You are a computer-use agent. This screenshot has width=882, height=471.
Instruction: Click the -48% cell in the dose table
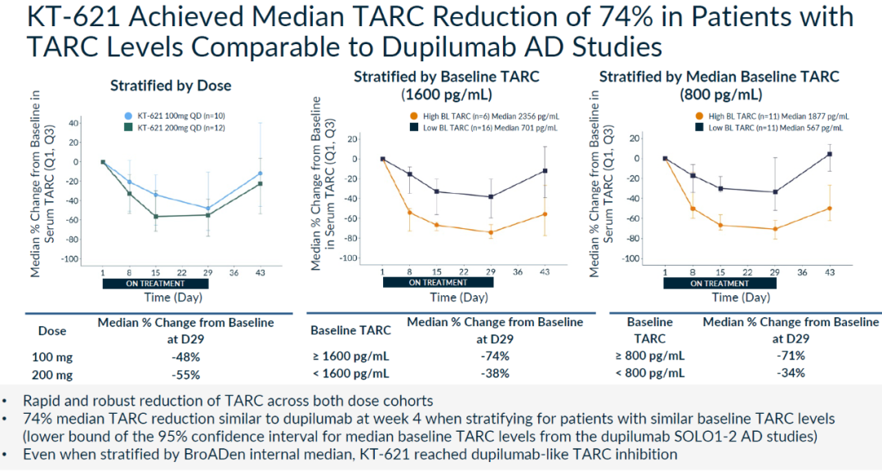click(x=185, y=356)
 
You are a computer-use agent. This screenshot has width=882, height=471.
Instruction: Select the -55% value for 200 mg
click(x=185, y=375)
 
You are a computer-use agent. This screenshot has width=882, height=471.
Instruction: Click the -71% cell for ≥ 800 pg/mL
click(x=790, y=355)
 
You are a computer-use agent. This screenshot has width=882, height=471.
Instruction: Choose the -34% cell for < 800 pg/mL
click(x=790, y=373)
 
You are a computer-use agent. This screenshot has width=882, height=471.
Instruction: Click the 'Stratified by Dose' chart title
click(x=171, y=85)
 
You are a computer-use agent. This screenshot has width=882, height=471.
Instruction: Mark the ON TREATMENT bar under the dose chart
click(x=154, y=284)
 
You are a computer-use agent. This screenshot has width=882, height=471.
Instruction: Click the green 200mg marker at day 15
click(x=155, y=217)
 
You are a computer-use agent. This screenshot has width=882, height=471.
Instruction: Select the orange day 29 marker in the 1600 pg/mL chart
click(x=491, y=232)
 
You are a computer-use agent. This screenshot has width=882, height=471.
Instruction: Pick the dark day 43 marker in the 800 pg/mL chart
click(x=830, y=154)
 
